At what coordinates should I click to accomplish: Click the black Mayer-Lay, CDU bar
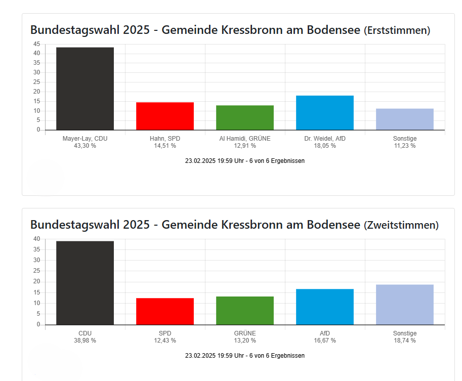coord(85,89)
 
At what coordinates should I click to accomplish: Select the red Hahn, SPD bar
coord(165,116)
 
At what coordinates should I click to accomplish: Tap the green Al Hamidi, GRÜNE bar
coord(245,117)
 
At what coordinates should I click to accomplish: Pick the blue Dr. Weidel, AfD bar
coord(325,112)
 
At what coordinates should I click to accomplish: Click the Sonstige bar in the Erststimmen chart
coord(405,119)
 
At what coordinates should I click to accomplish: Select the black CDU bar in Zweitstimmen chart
coord(85,283)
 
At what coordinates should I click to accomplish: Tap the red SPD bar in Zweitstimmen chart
coord(165,311)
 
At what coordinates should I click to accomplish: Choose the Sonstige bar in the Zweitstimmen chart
coord(405,305)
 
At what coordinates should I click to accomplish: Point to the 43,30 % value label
coord(85,146)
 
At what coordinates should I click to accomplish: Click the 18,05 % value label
coord(325,146)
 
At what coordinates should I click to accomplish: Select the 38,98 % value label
coord(85,341)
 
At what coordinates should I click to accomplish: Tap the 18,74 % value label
coord(405,341)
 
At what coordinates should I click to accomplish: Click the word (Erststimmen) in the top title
coord(397,30)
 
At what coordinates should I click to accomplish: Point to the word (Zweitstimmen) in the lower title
coord(401,225)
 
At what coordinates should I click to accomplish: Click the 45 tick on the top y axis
coord(36,44)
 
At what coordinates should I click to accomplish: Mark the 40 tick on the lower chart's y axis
coord(36,239)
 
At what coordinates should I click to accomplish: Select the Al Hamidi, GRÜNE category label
coord(245,138)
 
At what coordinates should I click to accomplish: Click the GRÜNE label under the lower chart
coord(245,333)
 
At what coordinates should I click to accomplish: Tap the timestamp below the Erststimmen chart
coord(245,161)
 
